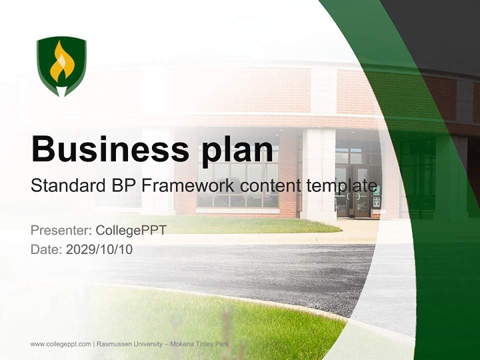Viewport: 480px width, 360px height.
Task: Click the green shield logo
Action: (61, 65)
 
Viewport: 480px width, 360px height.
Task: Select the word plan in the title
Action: (239, 150)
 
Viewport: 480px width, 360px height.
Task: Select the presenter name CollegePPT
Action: (131, 230)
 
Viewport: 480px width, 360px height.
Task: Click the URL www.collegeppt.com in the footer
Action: (60, 344)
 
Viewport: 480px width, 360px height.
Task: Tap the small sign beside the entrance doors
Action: (376, 201)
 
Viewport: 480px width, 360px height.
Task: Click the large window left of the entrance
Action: (238, 182)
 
